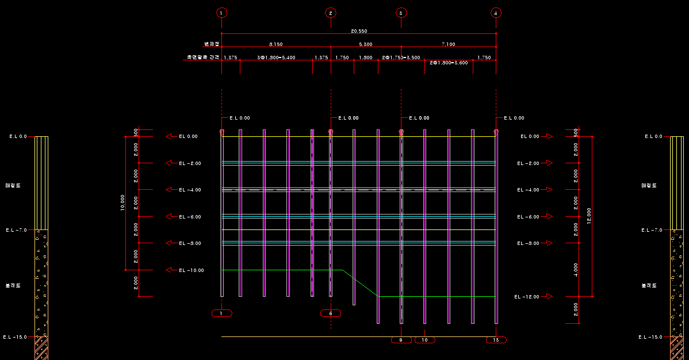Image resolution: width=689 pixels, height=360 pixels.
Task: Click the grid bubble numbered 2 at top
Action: click(x=330, y=13)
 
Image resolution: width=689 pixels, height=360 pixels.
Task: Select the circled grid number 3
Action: click(x=401, y=13)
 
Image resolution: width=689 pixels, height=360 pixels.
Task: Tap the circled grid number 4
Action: click(x=496, y=13)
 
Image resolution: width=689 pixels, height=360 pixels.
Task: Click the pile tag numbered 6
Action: click(x=331, y=313)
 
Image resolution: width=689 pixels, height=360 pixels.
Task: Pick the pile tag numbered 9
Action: click(x=401, y=340)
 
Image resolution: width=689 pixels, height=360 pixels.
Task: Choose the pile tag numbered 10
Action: click(x=424, y=340)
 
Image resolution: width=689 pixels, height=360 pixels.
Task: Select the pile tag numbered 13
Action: click(x=496, y=340)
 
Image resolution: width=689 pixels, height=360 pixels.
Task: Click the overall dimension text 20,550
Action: click(x=359, y=30)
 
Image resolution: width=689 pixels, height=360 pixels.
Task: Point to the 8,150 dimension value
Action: click(x=275, y=44)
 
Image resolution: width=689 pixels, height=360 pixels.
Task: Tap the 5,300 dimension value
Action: click(x=365, y=44)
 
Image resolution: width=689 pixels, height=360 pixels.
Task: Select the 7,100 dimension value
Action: click(x=448, y=44)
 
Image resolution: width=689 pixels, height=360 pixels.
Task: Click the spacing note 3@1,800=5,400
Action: click(x=277, y=58)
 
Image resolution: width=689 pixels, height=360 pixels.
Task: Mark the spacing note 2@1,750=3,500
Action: click(x=401, y=58)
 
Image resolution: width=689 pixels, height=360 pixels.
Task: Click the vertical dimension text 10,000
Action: click(x=123, y=202)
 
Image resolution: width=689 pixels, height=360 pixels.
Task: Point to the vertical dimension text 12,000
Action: click(x=589, y=216)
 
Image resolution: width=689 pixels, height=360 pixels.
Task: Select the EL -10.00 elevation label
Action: click(x=191, y=270)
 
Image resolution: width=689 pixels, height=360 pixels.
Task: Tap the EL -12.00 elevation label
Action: click(x=526, y=297)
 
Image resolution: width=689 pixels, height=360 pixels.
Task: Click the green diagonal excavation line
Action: click(x=361, y=283)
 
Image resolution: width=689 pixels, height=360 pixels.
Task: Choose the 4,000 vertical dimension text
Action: click(x=576, y=270)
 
